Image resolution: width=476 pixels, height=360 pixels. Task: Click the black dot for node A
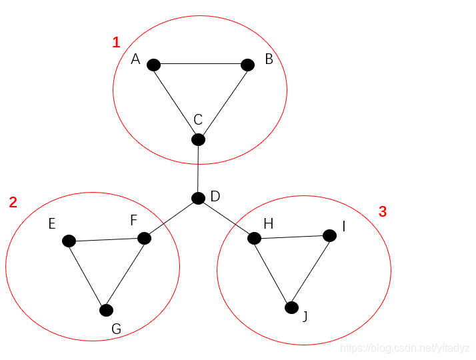coord(153,65)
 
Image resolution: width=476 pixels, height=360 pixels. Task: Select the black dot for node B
coord(247,65)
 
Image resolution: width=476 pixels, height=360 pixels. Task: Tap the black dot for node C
coord(198,139)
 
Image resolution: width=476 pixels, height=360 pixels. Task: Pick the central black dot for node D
coord(198,198)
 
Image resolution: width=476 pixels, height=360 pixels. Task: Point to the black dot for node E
coord(69,241)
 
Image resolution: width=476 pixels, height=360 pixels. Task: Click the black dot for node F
coord(144,238)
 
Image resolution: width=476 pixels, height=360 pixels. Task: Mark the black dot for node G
coord(106,310)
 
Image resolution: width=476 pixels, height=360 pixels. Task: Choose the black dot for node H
coord(254,238)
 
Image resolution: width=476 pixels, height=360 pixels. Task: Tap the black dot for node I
coord(329,235)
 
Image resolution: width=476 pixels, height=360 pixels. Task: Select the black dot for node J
coord(291,307)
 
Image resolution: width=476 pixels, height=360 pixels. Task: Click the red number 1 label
coord(116,43)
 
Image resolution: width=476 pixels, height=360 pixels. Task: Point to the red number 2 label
coord(13,203)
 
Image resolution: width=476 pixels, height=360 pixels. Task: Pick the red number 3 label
coord(383,212)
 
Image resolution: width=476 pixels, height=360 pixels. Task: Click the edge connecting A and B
coord(200,65)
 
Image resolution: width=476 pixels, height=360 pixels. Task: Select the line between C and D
coord(198,169)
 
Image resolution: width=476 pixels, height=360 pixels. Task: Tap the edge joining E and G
coord(87,275)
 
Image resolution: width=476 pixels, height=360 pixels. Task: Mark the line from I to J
coord(311,271)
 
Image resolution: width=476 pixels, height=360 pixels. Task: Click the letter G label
coord(116,329)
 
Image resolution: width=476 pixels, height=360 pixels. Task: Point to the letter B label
coord(269,59)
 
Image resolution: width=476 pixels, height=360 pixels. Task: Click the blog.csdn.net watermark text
coord(405,348)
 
